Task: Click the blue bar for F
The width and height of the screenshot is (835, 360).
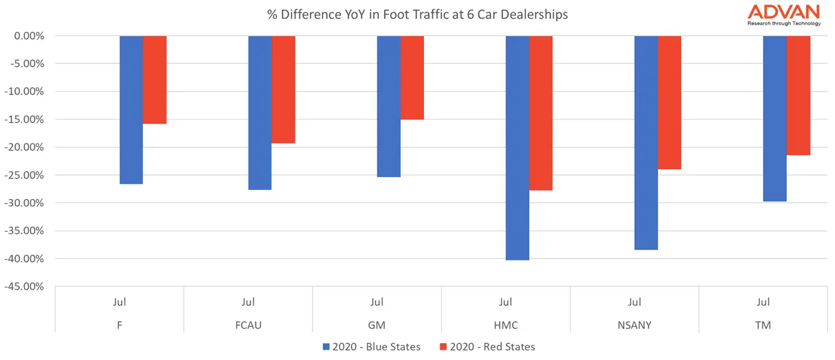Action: click(x=131, y=110)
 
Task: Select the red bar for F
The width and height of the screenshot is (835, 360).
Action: click(x=155, y=79)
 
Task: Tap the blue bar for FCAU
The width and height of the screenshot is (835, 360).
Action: click(x=260, y=112)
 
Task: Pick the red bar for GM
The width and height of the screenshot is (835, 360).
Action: click(x=412, y=78)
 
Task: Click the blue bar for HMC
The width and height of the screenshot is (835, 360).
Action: click(x=517, y=148)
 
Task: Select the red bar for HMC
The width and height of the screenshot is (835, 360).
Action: click(x=541, y=113)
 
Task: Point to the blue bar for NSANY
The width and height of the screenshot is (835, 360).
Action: click(x=646, y=142)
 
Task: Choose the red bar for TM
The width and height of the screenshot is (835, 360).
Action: click(x=799, y=96)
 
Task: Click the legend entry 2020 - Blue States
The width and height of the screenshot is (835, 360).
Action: click(x=372, y=347)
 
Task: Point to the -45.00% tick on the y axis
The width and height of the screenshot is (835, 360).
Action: click(x=25, y=286)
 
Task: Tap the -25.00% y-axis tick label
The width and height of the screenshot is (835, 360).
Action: click(x=25, y=175)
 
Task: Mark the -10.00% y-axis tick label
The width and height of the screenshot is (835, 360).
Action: click(x=25, y=92)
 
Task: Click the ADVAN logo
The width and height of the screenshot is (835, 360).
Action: click(x=783, y=14)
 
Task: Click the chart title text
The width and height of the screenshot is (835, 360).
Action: click(x=417, y=14)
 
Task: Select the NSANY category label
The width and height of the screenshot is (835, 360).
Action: click(x=635, y=325)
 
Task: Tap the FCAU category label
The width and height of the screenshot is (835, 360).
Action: click(x=248, y=325)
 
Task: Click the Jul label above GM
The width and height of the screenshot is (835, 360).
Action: click(x=377, y=302)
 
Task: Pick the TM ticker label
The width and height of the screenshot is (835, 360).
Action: click(x=763, y=325)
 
